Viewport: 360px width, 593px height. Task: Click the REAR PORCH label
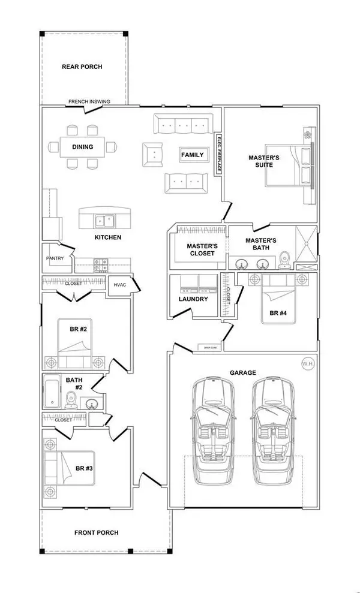82,67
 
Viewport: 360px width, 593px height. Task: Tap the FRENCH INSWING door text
89,102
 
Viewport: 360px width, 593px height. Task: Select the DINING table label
82,146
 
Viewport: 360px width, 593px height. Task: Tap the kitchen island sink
104,221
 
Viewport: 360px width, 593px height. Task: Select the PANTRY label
55,258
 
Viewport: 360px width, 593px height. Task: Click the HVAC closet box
119,285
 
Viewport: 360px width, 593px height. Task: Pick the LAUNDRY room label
193,299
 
